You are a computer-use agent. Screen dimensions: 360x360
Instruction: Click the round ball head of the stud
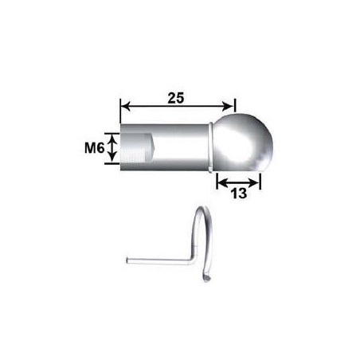tap(245, 142)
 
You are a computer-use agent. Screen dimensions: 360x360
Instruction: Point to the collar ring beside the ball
tap(212, 146)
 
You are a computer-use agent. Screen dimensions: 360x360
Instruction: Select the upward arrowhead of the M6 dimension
tap(113, 136)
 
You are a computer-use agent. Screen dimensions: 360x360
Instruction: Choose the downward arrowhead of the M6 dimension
tap(113, 160)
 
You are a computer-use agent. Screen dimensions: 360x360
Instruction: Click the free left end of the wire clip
tap(129, 259)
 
